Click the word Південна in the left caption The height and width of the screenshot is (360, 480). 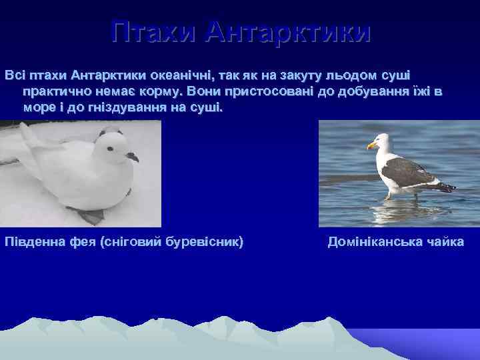(x=33, y=241)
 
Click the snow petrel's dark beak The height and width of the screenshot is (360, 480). (x=133, y=157)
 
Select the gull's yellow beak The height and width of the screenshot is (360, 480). (x=372, y=145)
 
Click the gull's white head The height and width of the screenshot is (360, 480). (x=382, y=143)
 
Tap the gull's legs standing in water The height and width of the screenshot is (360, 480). (x=393, y=194)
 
